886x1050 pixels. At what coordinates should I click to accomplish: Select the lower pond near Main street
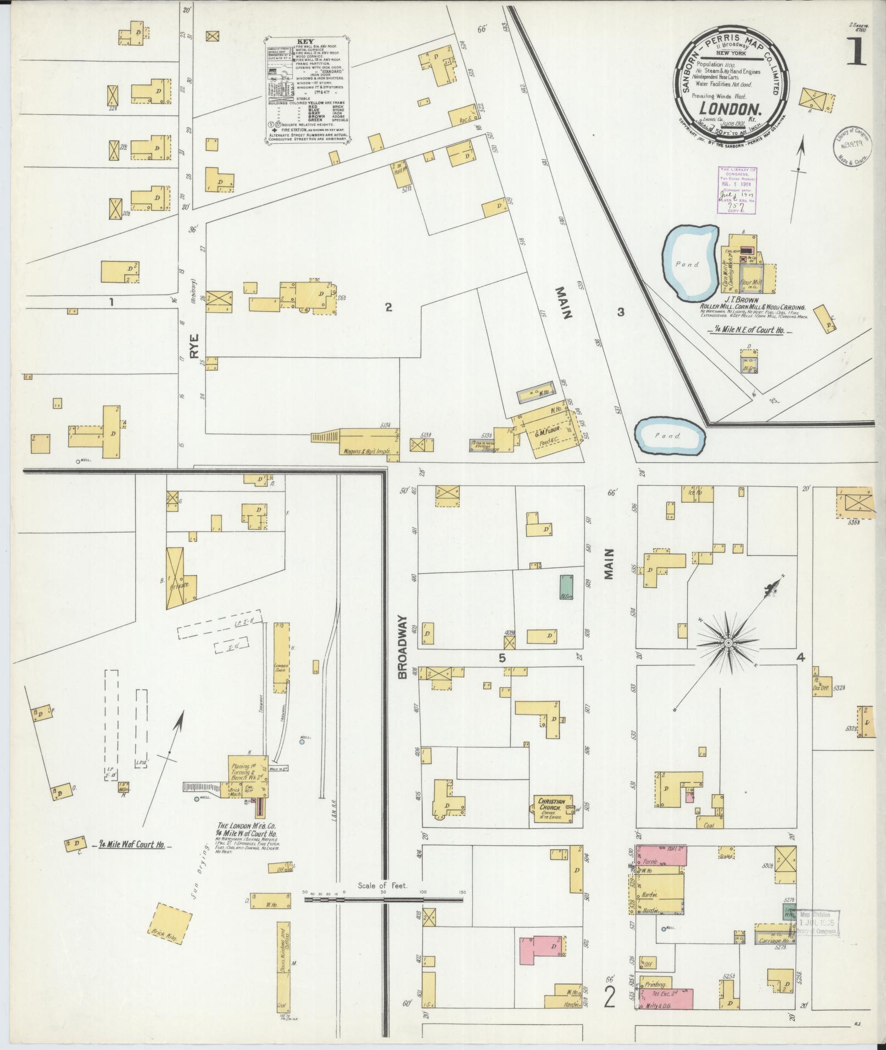670,436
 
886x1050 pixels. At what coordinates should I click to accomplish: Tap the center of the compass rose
728,643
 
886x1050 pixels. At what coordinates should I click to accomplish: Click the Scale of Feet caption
383,886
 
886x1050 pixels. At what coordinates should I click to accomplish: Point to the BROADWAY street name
404,647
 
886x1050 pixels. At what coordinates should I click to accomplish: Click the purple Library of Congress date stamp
737,189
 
